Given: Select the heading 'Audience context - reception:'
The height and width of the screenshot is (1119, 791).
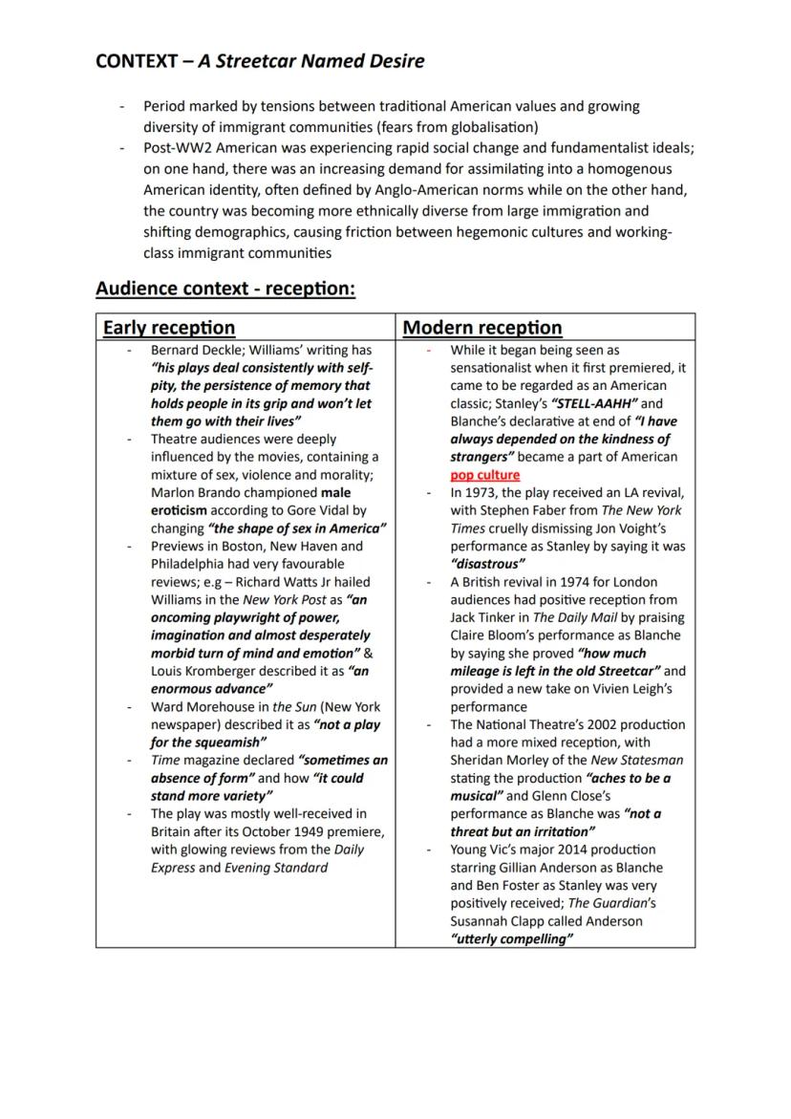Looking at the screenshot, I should tap(225, 289).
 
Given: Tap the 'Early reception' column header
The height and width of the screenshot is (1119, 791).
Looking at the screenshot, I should tap(169, 328).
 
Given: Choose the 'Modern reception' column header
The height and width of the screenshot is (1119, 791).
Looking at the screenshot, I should tap(482, 328).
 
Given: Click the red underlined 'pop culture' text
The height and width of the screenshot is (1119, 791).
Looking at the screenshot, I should tap(485, 475).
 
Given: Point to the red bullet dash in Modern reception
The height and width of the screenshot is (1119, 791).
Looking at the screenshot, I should tap(429, 351).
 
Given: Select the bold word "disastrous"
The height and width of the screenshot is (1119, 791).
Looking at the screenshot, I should tap(487, 564).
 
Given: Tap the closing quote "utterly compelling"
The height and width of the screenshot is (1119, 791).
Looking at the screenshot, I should tap(511, 939).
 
